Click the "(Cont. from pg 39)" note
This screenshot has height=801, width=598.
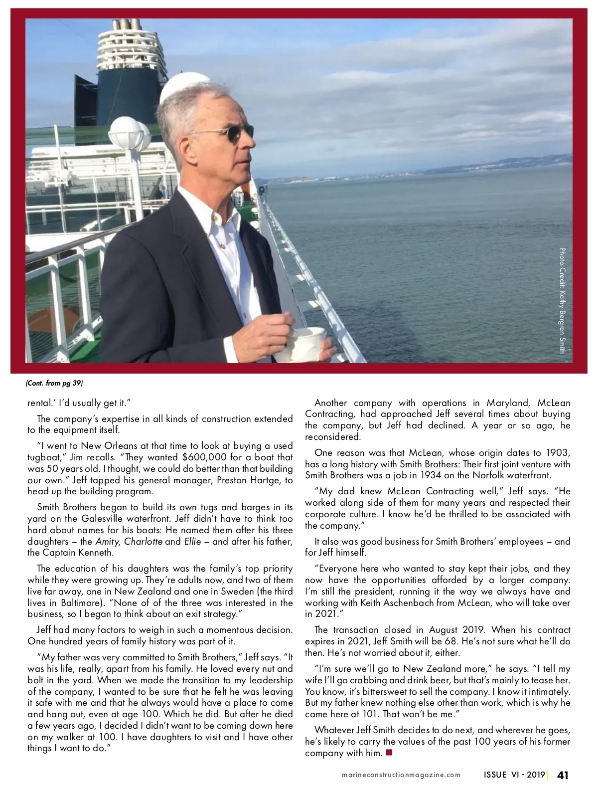[x=54, y=383]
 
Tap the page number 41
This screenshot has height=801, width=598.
[x=563, y=775]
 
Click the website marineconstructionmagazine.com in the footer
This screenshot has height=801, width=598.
[x=401, y=775]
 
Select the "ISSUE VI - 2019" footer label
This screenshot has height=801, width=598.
[x=514, y=775]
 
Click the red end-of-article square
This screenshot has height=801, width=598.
[x=389, y=753]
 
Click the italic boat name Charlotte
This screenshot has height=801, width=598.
[x=144, y=542]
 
